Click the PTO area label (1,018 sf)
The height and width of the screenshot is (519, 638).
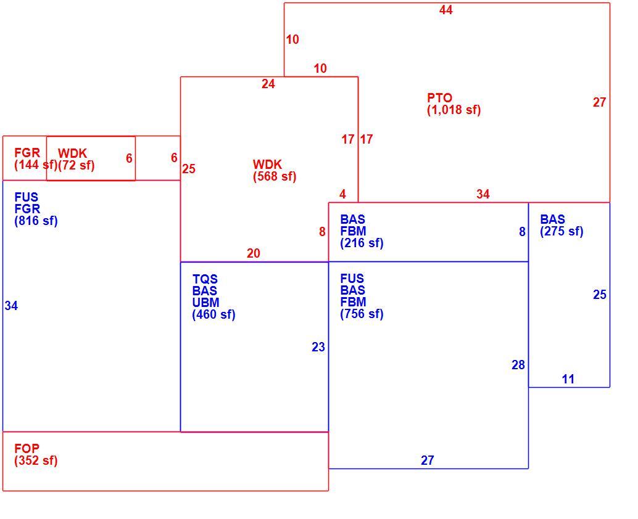coord(454,104)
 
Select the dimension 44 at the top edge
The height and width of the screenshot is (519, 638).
coord(446,10)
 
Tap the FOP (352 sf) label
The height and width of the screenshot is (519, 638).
coord(36,455)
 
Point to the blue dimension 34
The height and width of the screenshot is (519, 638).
coord(11,306)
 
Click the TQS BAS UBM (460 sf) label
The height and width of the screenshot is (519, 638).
coord(213,296)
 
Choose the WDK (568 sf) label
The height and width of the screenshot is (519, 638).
coord(275,170)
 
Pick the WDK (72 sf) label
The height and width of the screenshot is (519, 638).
coord(76,159)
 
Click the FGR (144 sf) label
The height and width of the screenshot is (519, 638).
coord(36,159)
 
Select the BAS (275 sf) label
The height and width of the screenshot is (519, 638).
coord(561,225)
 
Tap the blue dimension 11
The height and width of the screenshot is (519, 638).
coord(568,379)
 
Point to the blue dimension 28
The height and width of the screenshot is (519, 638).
coord(518,365)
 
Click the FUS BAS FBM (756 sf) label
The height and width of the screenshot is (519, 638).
coord(362,296)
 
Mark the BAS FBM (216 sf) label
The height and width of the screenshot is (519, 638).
coord(362,231)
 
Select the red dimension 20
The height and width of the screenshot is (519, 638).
coord(253,253)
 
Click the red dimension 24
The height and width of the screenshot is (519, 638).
coord(268,84)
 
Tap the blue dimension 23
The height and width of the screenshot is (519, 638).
coord(318,347)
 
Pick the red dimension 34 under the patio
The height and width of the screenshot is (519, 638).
coord(483,194)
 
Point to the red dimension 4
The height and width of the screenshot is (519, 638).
coord(342,194)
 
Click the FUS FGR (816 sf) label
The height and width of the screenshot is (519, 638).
coord(36,209)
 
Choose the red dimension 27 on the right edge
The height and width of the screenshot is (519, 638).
coord(599,102)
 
